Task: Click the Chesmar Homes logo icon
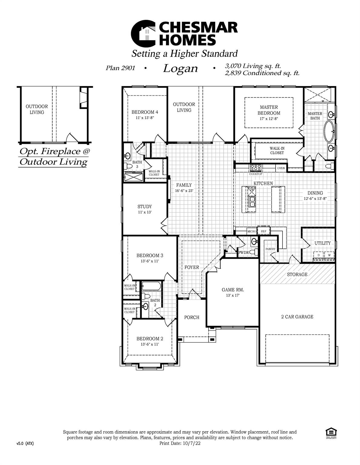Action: [143, 34]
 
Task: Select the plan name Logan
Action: [180, 68]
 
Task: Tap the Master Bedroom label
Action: [269, 110]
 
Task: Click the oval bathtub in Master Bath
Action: [329, 131]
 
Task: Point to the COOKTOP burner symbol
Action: [255, 168]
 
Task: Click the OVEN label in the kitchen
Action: [281, 168]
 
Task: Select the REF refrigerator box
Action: [263, 231]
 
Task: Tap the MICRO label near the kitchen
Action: [252, 231]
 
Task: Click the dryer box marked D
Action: [319, 255]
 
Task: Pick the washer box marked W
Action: [329, 255]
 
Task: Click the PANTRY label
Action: [270, 249]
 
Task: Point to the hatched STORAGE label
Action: [297, 274]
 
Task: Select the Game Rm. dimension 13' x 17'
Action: [233, 295]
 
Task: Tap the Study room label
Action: [145, 206]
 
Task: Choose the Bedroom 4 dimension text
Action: [145, 118]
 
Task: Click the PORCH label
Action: [192, 317]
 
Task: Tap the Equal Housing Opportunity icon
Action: [331, 432]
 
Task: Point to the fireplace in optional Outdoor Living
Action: [83, 98]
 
